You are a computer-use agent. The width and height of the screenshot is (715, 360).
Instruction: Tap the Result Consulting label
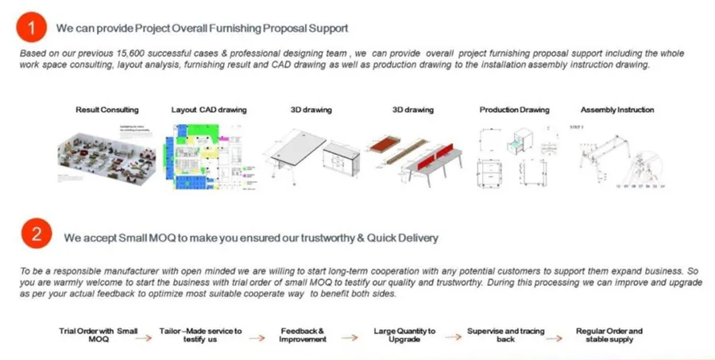[107, 110]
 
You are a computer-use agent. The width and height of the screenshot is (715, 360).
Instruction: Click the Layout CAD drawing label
[209, 110]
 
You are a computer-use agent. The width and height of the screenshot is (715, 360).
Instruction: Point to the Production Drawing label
[514, 110]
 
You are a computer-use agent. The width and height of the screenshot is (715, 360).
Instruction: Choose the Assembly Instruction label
[617, 110]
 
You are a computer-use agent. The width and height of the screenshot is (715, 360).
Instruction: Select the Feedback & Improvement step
[302, 335]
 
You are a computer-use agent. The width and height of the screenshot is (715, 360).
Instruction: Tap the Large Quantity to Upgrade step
[404, 335]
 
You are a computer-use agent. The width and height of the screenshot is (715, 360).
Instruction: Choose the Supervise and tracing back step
[505, 335]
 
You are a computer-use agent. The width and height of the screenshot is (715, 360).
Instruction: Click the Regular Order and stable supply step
[609, 335]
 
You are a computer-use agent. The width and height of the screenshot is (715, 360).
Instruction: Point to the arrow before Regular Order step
[556, 337]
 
